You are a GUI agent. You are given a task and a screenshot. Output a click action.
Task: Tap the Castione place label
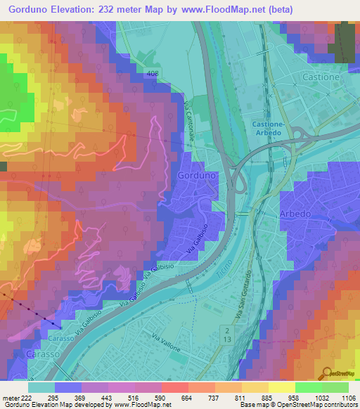click(x=320, y=76)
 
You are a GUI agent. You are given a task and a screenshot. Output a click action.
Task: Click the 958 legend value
click(x=276, y=398)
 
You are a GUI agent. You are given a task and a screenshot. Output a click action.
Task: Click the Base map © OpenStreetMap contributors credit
click(x=299, y=405)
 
